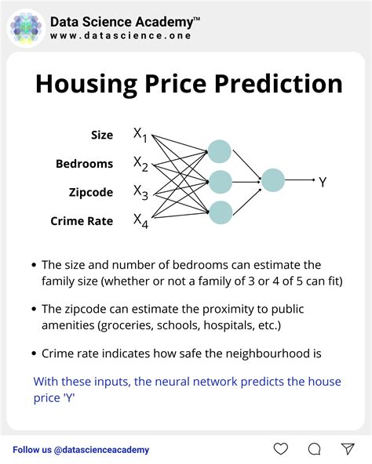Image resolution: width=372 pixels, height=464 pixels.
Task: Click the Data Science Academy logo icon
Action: coord(27,27)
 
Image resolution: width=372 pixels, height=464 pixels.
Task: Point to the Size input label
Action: coord(102,136)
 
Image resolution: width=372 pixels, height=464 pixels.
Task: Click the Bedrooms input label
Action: coord(84,164)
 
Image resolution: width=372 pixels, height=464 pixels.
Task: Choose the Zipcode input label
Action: coord(89,192)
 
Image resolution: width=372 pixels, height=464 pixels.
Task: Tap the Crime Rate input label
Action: coord(82,221)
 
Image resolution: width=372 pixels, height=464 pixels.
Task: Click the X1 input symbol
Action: coord(140,136)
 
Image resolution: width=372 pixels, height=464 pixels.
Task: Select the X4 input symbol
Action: coord(140,220)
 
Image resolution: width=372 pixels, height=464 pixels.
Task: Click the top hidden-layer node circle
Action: coord(220,152)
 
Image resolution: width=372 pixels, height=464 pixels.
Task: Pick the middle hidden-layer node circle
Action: coord(220,181)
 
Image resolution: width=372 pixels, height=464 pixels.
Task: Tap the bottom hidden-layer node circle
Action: coord(220,210)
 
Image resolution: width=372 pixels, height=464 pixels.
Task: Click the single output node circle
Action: coord(272,180)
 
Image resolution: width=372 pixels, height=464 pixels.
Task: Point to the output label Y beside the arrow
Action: coord(323,182)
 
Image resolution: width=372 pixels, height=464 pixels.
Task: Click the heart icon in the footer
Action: coord(280,449)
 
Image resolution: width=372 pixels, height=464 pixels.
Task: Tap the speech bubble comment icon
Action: coord(314,449)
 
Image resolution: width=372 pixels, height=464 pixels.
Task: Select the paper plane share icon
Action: coord(348,449)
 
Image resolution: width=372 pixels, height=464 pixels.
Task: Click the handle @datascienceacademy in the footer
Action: coord(102,450)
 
